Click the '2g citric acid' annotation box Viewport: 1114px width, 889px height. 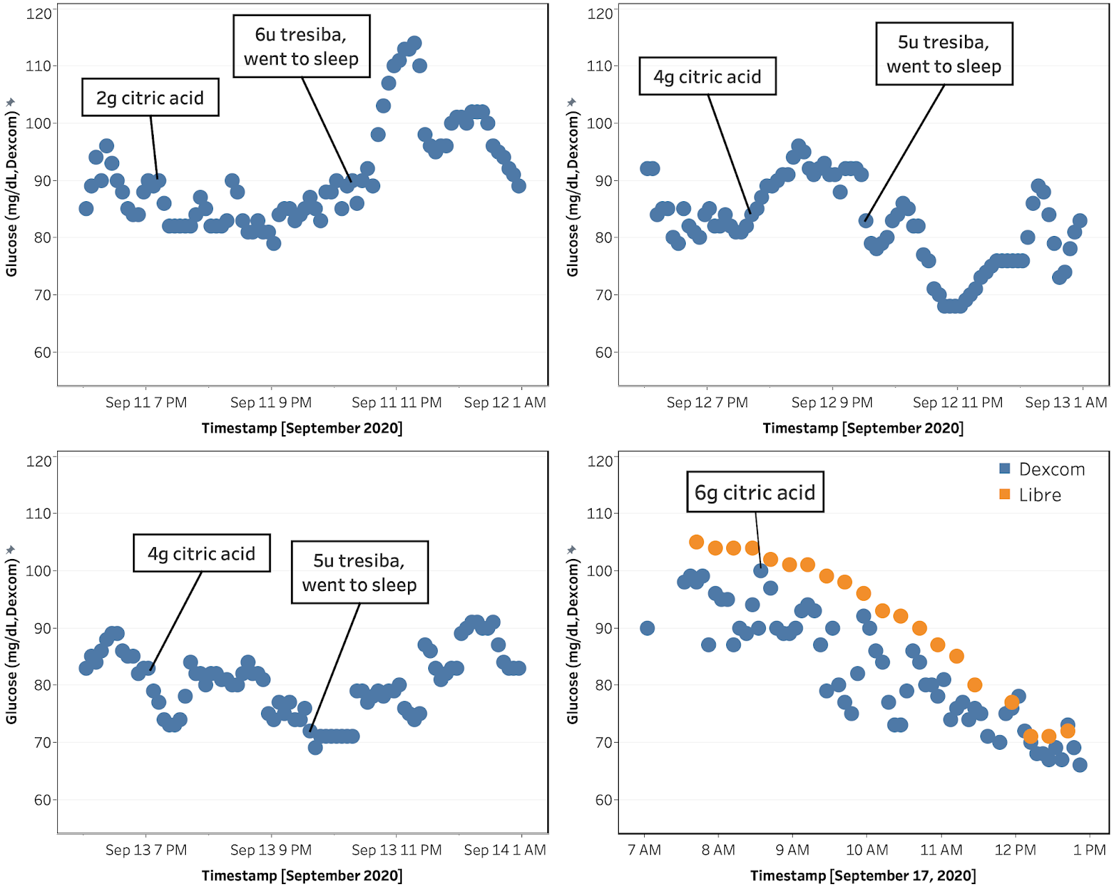150,97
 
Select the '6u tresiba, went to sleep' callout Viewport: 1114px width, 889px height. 301,47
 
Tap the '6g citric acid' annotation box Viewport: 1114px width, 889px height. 755,492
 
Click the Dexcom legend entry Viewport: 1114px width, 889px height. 1042,469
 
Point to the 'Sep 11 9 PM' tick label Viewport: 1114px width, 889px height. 271,402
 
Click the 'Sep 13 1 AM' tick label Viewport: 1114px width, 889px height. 1065,402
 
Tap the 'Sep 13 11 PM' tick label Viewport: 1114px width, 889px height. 396,850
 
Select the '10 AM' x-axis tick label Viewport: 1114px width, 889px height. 867,850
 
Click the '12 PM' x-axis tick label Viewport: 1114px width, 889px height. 1015,850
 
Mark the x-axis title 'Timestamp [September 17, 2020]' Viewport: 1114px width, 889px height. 863,876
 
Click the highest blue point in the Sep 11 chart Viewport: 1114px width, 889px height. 414,43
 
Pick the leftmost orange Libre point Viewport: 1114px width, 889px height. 696,542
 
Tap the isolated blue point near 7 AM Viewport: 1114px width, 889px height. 647,628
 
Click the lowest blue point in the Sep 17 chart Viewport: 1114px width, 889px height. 1080,765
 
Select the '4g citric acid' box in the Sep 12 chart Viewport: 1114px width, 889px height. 707,77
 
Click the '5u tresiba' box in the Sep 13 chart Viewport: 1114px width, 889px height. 359,572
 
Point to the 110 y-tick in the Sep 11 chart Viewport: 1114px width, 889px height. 38,66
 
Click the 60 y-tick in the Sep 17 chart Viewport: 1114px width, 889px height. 604,800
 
